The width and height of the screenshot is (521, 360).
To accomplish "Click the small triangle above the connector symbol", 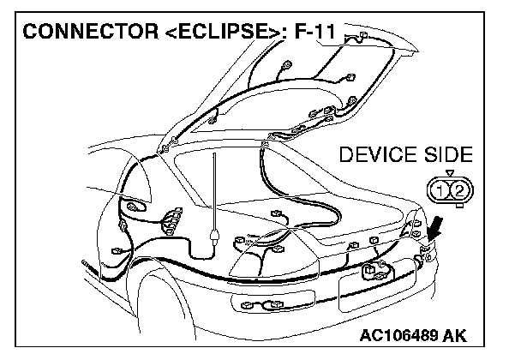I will [452, 174].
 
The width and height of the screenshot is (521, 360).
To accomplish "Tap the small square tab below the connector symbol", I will [452, 203].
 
